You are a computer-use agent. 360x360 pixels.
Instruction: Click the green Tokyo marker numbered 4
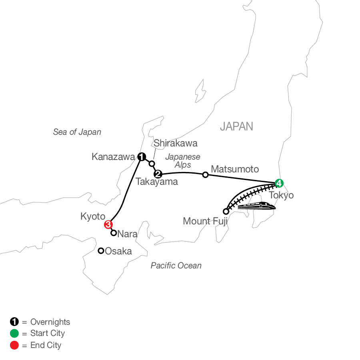coord(279,183)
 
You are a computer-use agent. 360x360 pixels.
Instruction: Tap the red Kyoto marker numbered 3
coord(108,224)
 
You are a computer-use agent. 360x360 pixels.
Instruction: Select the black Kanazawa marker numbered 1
coord(141,157)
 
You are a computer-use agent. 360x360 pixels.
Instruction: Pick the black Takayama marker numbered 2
coord(158,174)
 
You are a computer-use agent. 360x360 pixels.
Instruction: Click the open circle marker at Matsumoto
coord(205,175)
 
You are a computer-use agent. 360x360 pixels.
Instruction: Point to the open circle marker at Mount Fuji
coord(226,211)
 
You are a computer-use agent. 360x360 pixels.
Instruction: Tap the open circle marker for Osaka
coord(101,251)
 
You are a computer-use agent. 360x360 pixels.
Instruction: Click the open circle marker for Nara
coord(114,232)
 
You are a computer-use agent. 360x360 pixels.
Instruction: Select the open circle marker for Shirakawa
coord(152,163)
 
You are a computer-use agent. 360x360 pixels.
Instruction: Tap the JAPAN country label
coord(236,126)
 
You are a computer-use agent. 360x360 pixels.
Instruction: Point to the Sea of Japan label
coord(77,132)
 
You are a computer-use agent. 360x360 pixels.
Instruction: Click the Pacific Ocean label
coord(176,266)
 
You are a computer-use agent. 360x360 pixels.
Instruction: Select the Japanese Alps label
coord(183,161)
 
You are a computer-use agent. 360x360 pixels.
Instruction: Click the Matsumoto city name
coord(235,169)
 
